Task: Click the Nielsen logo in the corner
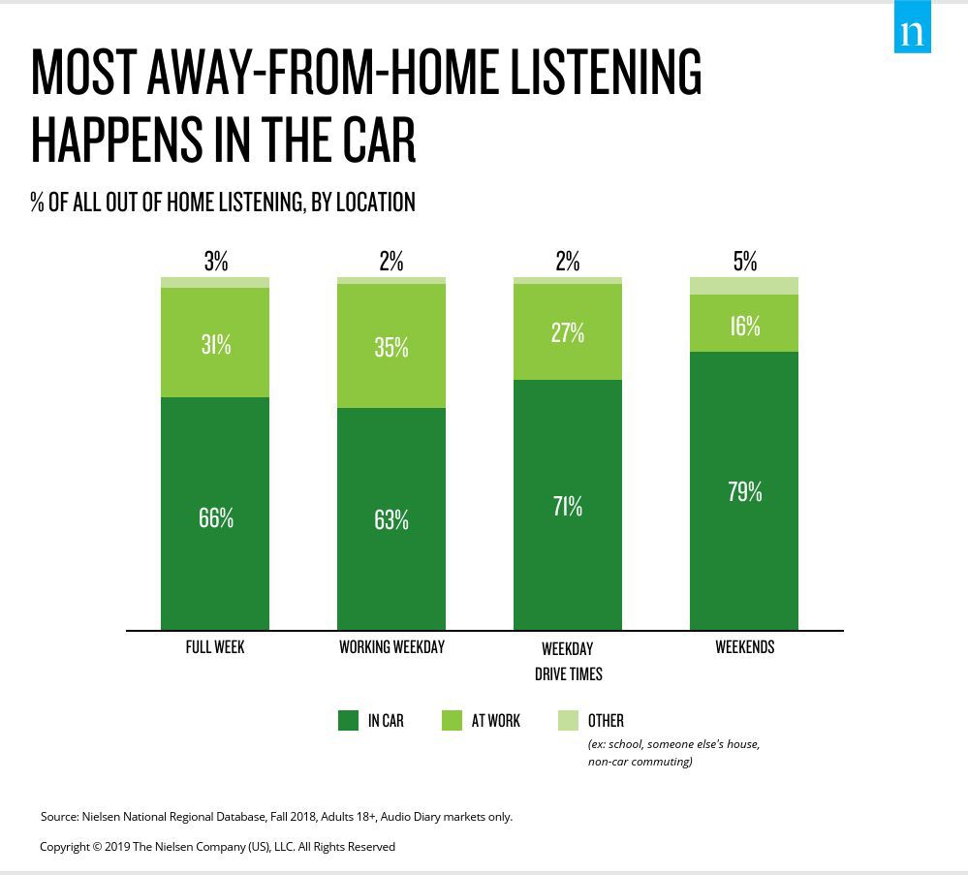[912, 26]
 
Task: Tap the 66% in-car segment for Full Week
[215, 514]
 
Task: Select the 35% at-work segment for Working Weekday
[391, 346]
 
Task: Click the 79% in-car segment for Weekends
[744, 491]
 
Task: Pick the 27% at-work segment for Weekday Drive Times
[568, 331]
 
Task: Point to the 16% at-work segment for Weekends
[744, 323]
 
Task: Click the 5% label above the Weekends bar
[744, 262]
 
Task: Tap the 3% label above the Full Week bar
[216, 262]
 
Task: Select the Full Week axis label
[215, 647]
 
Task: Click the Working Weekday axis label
[392, 647]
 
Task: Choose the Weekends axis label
[744, 647]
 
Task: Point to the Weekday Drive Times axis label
[568, 662]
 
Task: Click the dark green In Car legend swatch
[348, 721]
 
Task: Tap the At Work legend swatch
[452, 721]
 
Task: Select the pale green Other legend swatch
[568, 721]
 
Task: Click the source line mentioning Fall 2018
[276, 816]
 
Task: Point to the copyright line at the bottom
[217, 847]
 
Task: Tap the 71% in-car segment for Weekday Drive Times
[568, 505]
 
